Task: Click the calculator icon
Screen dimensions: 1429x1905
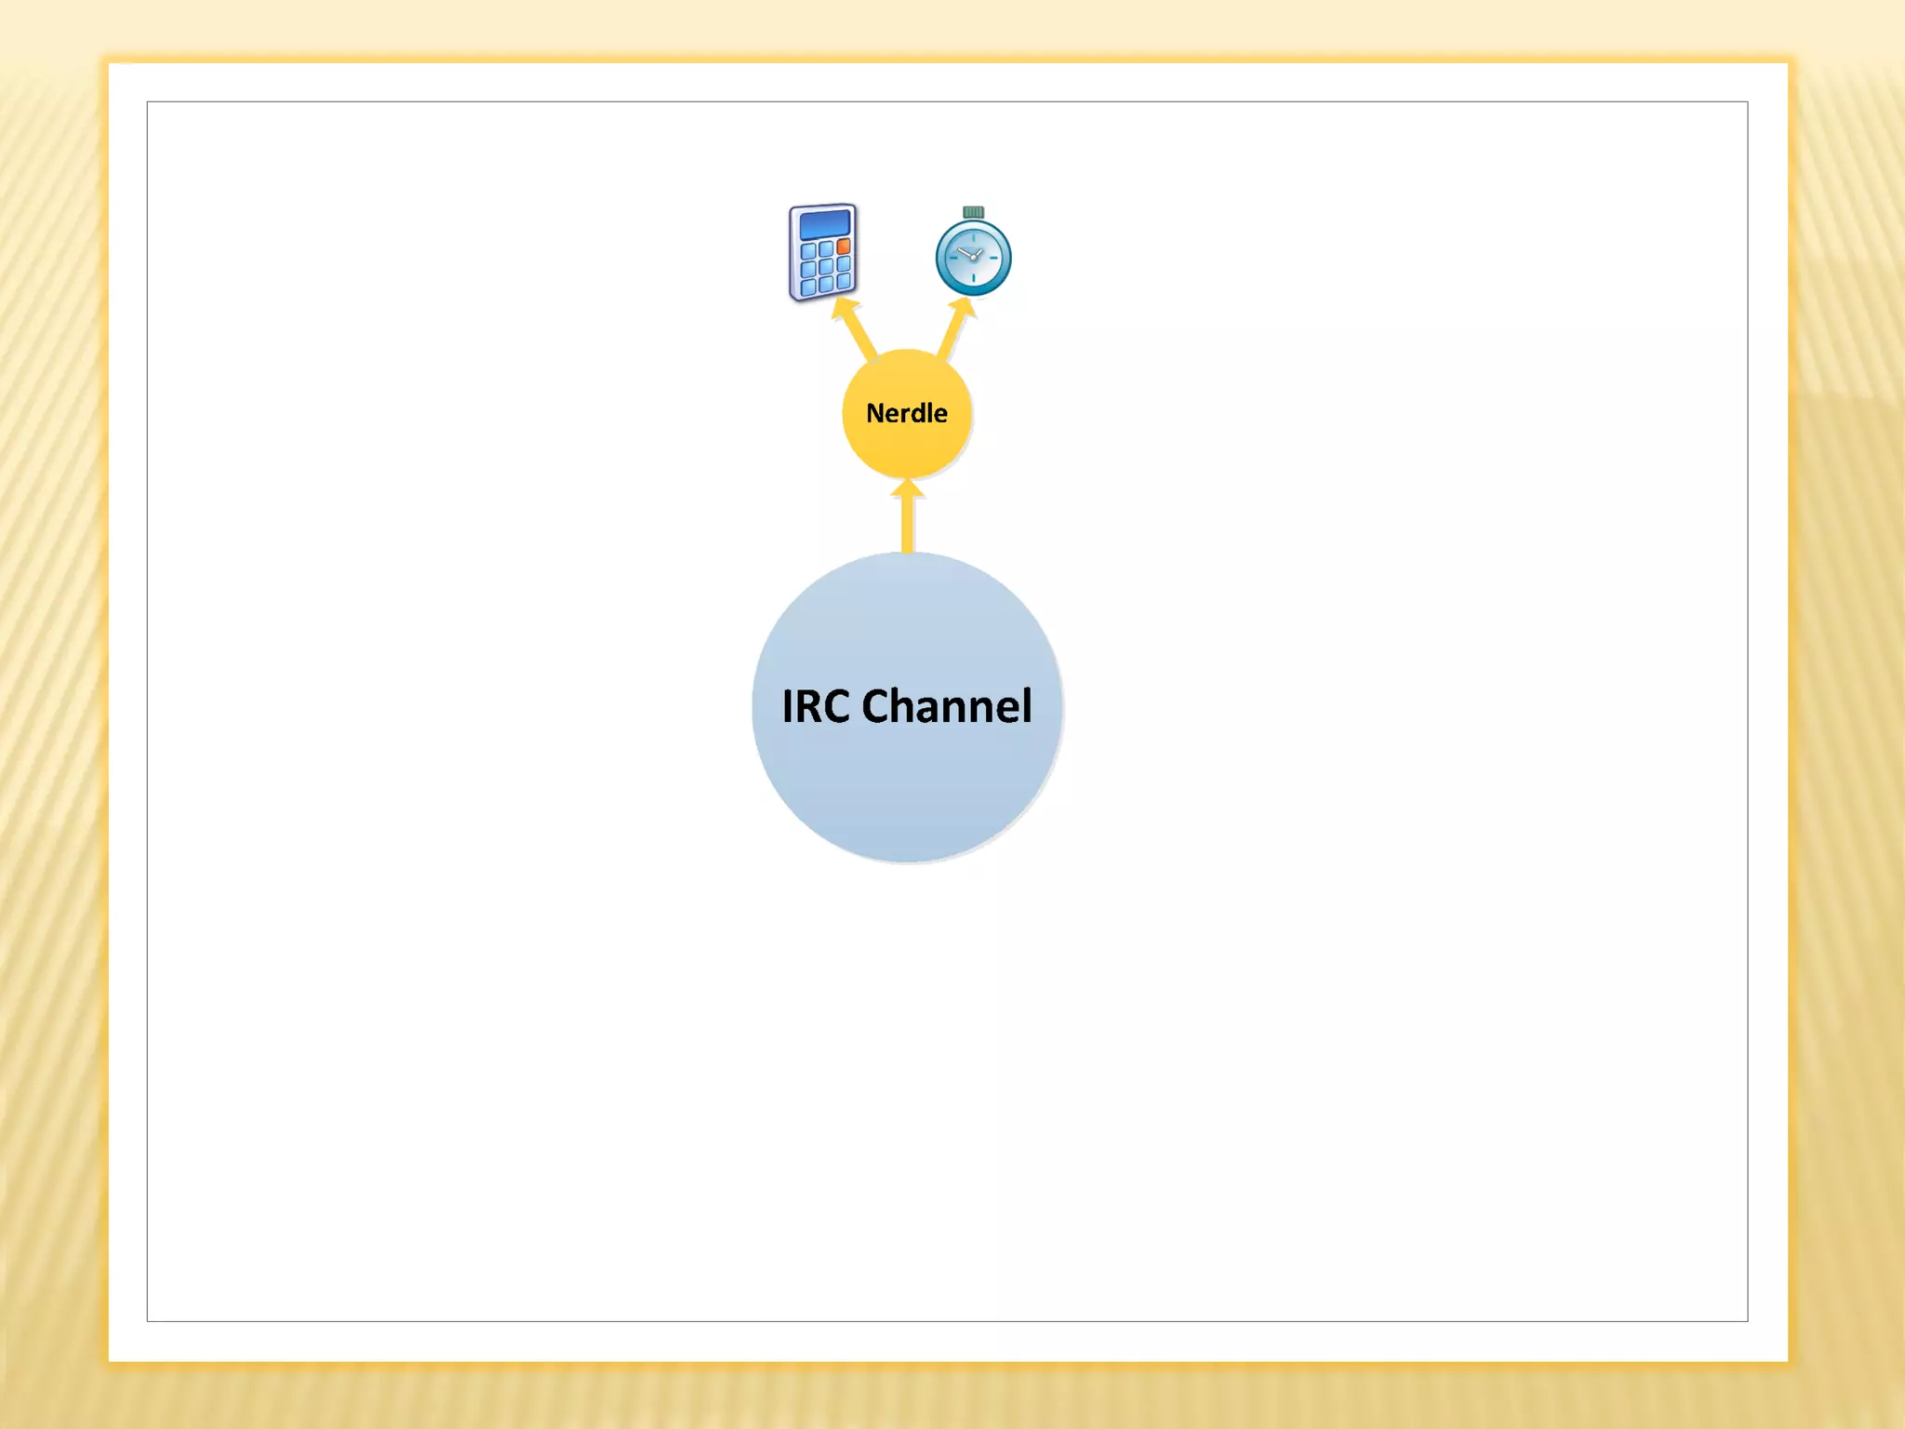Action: [823, 252]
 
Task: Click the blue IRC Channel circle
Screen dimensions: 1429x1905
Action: [907, 791]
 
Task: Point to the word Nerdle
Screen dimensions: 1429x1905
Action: [907, 413]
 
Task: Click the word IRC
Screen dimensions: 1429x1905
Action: [816, 706]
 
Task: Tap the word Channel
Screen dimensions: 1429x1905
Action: [947, 706]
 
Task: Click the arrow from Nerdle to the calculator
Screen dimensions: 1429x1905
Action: [859, 333]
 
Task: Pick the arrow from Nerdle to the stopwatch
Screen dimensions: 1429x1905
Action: [952, 333]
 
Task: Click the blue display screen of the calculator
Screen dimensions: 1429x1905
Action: [824, 224]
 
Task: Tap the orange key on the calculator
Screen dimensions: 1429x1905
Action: [844, 247]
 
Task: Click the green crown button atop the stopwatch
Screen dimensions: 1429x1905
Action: [973, 212]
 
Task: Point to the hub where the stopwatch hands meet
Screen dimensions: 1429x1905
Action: [974, 257]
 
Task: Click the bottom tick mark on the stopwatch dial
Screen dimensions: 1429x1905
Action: [973, 277]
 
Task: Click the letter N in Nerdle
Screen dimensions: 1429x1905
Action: [874, 413]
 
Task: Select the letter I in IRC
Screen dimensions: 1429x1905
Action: [787, 706]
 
